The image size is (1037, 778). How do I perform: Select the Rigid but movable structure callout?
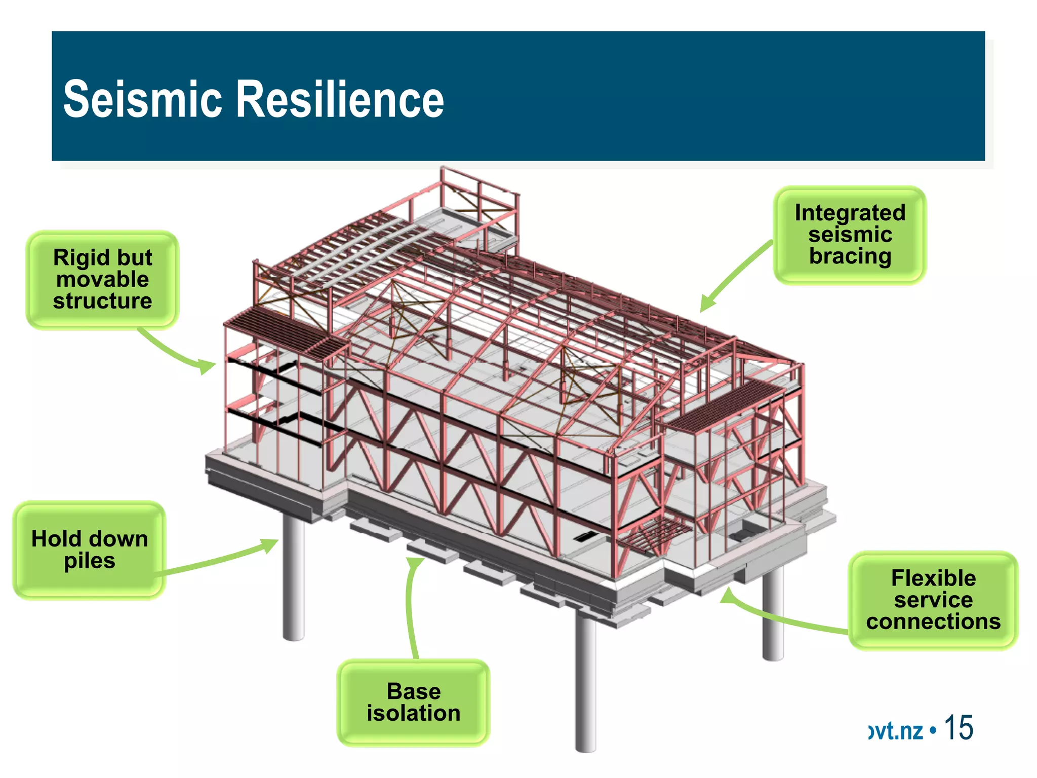tap(102, 280)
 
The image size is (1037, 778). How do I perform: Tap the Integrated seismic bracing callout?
tap(850, 235)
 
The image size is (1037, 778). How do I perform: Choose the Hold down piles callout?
tap(90, 550)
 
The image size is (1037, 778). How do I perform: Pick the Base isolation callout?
tap(413, 703)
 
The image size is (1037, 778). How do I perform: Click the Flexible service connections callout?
tap(933, 600)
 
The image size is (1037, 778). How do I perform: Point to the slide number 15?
tap(959, 728)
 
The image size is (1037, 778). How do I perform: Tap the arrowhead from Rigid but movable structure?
tap(207, 366)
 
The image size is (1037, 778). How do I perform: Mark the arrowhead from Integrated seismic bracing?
tap(707, 304)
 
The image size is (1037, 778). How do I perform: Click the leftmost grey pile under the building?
tap(293, 577)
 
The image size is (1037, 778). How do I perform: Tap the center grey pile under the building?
tap(586, 684)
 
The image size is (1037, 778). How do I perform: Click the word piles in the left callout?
tap(90, 561)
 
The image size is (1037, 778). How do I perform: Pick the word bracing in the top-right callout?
tap(850, 256)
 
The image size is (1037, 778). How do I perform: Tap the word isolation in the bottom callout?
tap(413, 714)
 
